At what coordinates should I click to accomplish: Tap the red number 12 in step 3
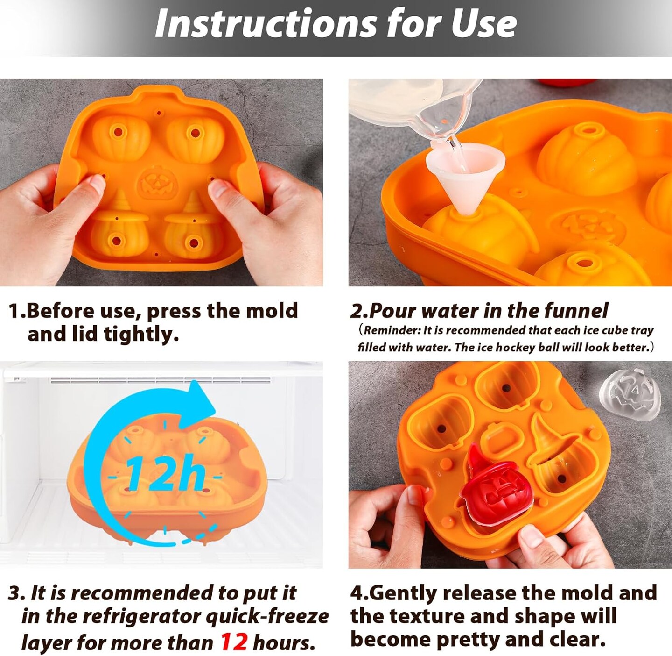(x=234, y=642)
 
